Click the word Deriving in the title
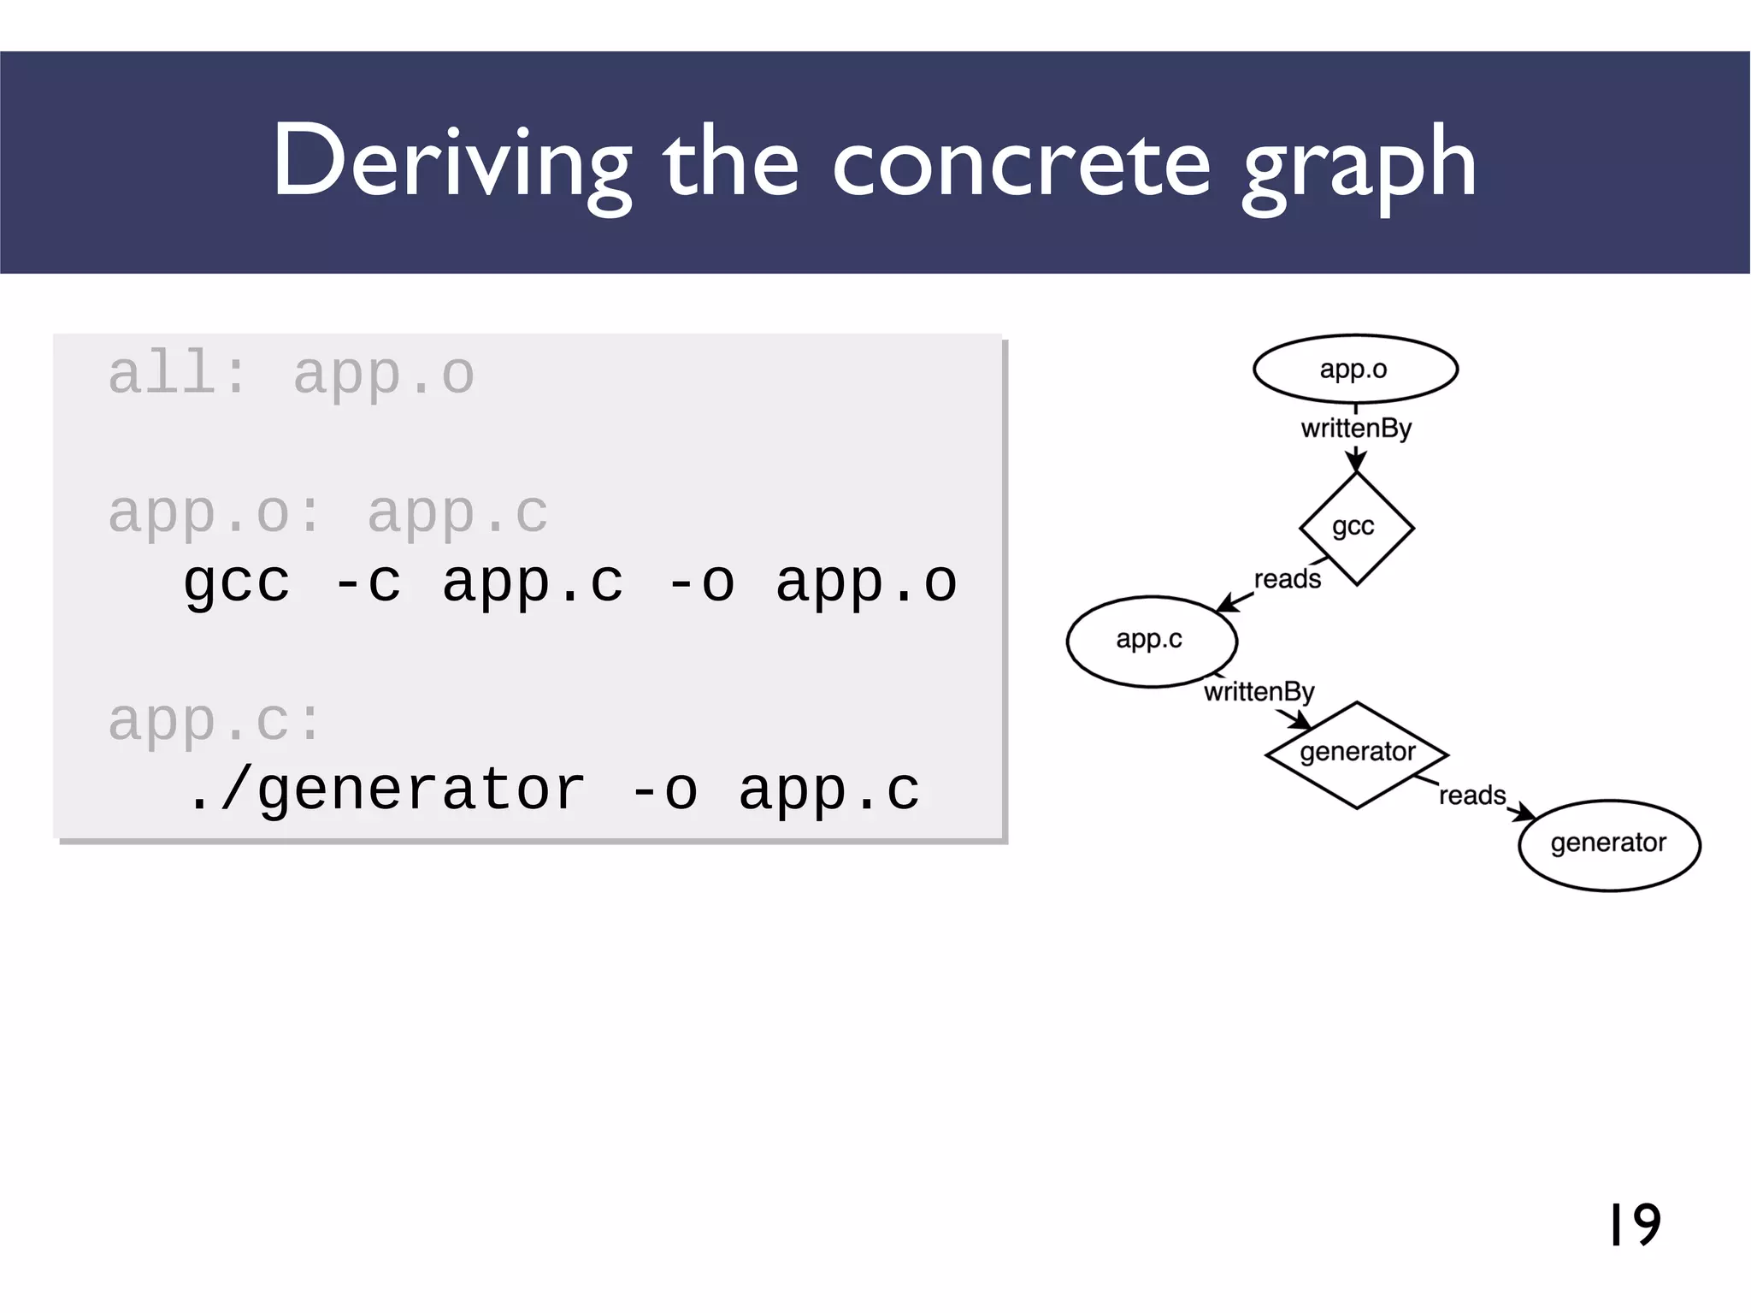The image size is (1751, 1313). point(451,163)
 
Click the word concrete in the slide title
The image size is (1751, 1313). point(1021,163)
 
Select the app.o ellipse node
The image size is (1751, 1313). point(1355,369)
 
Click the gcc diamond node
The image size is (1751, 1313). point(1356,528)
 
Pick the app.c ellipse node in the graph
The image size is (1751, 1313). point(1151,641)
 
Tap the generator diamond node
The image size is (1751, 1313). point(1357,754)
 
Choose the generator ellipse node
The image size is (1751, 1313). point(1609,844)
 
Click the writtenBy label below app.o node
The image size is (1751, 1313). point(1356,428)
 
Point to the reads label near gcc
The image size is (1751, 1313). point(1287,579)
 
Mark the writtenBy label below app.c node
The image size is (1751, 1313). point(1259,691)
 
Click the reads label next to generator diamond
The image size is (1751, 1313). point(1471,795)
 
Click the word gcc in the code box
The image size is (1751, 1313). point(237,583)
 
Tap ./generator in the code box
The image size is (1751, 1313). point(386,790)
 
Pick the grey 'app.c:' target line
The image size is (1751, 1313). point(215,720)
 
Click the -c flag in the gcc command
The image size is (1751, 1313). point(367,583)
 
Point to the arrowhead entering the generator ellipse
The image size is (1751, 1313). point(1525,813)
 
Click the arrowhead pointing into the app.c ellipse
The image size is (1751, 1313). point(1225,605)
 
